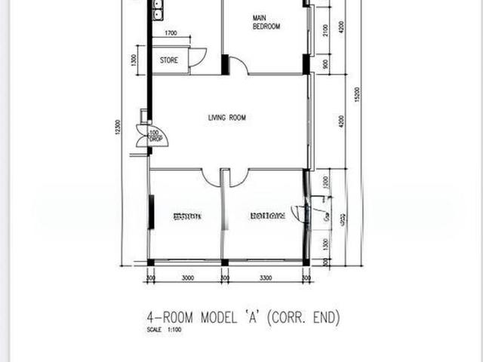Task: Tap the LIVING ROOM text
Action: pyautogui.click(x=227, y=118)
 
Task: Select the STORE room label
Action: pyautogui.click(x=169, y=60)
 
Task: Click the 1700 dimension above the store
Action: pyautogui.click(x=170, y=34)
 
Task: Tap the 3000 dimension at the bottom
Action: pyautogui.click(x=187, y=278)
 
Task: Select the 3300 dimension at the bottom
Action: pyautogui.click(x=266, y=278)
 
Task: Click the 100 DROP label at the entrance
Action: pyautogui.click(x=154, y=136)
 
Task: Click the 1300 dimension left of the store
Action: pyautogui.click(x=134, y=60)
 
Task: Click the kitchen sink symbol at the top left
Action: pyautogui.click(x=157, y=9)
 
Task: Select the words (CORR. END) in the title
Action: pyautogui.click(x=301, y=318)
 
